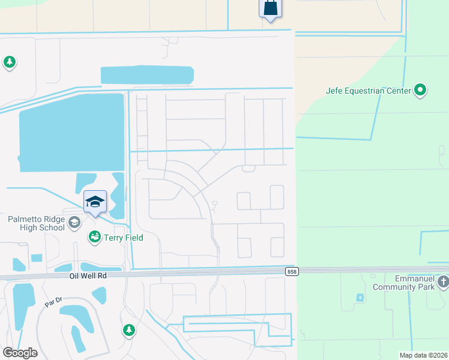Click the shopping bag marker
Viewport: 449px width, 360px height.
pyautogui.click(x=270, y=8)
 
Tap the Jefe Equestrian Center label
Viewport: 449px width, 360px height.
pyautogui.click(x=368, y=91)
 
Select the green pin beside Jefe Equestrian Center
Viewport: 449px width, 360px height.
pyautogui.click(x=420, y=91)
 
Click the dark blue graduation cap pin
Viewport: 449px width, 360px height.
pyautogui.click(x=95, y=202)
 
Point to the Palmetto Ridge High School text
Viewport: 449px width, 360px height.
pyautogui.click(x=36, y=223)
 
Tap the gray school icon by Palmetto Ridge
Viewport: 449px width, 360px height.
pyautogui.click(x=74, y=223)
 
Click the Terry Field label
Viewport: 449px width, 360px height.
pyautogui.click(x=123, y=238)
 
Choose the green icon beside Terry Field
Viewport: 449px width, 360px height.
pyautogui.click(x=94, y=238)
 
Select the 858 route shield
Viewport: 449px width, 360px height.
pyautogui.click(x=292, y=272)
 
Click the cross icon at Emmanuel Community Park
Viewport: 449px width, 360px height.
pyautogui.click(x=443, y=281)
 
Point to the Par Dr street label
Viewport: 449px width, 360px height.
pyautogui.click(x=53, y=304)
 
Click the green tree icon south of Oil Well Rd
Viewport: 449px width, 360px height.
pyautogui.click(x=128, y=330)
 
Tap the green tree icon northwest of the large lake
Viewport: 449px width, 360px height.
pyautogui.click(x=9, y=62)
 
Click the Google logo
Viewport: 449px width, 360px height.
pyautogui.click(x=19, y=352)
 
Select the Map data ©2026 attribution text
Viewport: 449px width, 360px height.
pyautogui.click(x=423, y=355)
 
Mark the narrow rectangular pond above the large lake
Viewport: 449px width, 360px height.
pyautogui.click(x=147, y=75)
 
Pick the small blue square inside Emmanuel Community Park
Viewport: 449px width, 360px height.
pyautogui.click(x=360, y=298)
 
